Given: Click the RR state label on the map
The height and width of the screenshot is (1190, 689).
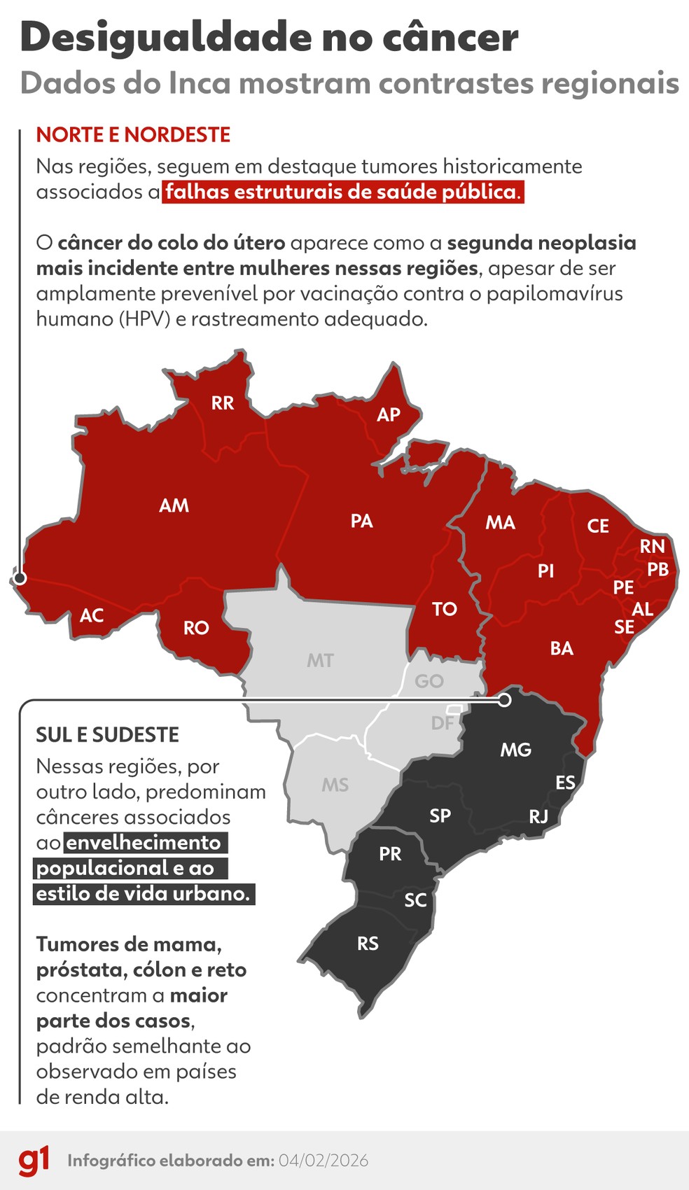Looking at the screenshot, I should point(223,403).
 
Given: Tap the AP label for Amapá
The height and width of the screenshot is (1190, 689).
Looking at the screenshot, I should point(389,414).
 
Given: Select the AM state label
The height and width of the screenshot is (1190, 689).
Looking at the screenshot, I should point(174,505).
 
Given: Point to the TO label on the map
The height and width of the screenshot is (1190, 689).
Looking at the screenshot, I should point(445,609).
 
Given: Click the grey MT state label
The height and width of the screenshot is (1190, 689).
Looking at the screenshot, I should point(320,660).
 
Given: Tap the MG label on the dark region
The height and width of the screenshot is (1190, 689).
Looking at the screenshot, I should point(515,750).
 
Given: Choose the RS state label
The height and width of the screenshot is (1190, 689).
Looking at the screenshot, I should point(368,944).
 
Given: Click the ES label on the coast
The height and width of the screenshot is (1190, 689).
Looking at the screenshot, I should point(565,783).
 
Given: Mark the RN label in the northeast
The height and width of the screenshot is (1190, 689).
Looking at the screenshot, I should point(652,546).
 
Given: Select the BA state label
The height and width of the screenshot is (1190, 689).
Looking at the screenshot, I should point(562,648).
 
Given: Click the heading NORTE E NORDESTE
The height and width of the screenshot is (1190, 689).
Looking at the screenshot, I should point(133,134).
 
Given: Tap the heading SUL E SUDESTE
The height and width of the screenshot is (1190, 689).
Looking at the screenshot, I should point(108,734).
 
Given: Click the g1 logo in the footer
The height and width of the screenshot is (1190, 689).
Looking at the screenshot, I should point(34,1160).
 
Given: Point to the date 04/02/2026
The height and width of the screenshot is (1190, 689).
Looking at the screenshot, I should point(323,1161).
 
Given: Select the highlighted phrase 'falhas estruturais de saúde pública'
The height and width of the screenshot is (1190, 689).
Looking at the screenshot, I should point(342,191).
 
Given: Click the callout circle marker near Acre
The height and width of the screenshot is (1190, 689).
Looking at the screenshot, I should point(20,578).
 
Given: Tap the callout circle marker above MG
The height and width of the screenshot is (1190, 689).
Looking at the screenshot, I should point(504,699).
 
